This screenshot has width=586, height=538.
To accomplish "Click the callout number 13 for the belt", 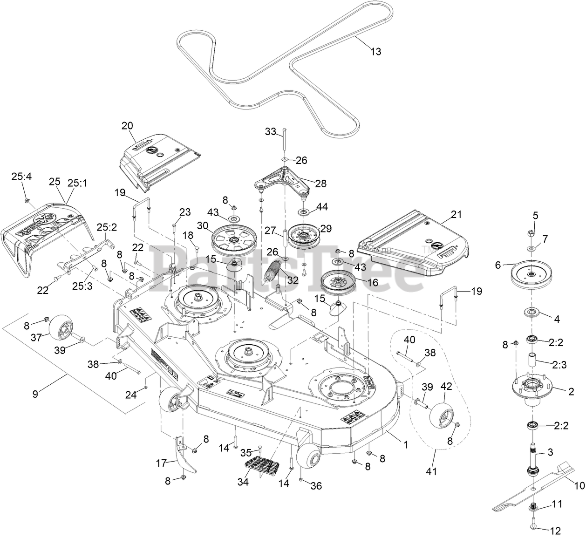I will [375, 52].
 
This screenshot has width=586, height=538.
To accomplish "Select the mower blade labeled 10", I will [536, 487].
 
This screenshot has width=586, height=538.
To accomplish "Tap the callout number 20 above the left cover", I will [127, 125].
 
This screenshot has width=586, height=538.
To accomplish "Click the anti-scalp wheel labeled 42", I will [442, 415].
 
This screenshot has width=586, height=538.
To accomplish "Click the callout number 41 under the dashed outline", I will [432, 471].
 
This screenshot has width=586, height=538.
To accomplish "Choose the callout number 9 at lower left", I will [35, 394].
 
